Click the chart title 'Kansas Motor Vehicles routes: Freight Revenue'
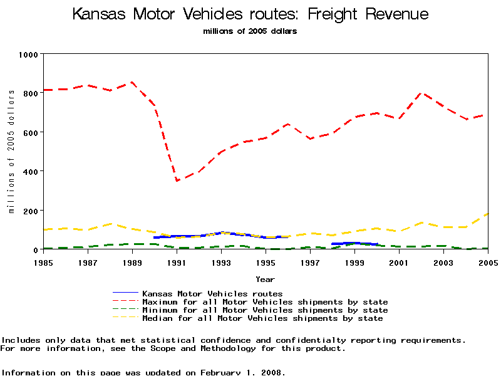click(x=250, y=14)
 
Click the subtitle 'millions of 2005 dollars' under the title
click(x=250, y=31)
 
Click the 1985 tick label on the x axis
click(x=44, y=262)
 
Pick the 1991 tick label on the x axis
click(x=177, y=262)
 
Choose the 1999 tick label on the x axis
click(x=355, y=262)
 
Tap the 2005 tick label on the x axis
click(x=488, y=262)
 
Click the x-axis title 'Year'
click(x=265, y=279)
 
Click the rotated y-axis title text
click(x=11, y=151)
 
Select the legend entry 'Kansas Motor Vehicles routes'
click(x=212, y=293)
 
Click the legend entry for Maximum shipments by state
click(x=265, y=302)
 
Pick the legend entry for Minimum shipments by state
click(x=265, y=310)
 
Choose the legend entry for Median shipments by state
click(x=262, y=318)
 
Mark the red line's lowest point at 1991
click(x=177, y=180)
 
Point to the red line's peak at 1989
click(x=132, y=82)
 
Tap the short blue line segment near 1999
click(x=354, y=243)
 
